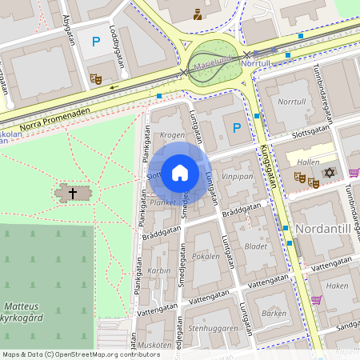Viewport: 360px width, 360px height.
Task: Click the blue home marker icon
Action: pyautogui.click(x=180, y=172)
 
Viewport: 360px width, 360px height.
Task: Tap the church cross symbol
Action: pyautogui.click(x=73, y=193)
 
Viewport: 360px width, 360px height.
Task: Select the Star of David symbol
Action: pyautogui.click(x=328, y=173)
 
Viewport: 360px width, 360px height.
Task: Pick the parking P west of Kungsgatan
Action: pyautogui.click(x=235, y=128)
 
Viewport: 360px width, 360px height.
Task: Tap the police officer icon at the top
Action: pyautogui.click(x=198, y=14)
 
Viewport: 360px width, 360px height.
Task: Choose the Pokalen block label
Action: pyautogui.click(x=206, y=258)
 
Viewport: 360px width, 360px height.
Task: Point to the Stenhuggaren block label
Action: pyautogui.click(x=213, y=327)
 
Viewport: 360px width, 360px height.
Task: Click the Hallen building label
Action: pyautogui.click(x=308, y=161)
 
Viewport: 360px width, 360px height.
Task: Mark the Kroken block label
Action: pyautogui.click(x=172, y=135)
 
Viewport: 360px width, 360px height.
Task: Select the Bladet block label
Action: pyautogui.click(x=256, y=246)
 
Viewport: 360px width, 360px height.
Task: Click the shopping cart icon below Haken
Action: pyautogui.click(x=316, y=300)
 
